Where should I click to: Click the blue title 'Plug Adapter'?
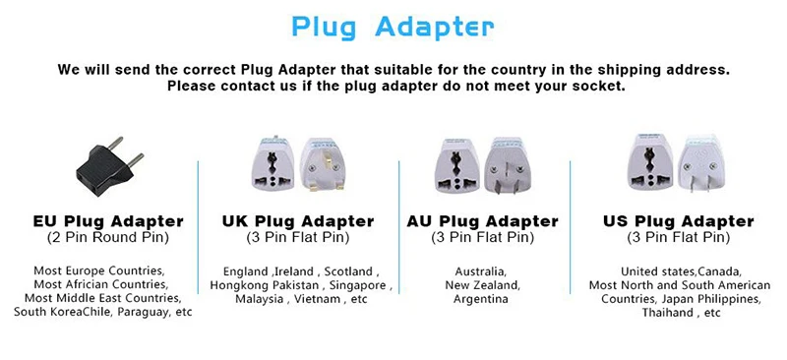tap(393, 28)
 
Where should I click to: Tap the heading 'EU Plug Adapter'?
tap(108, 221)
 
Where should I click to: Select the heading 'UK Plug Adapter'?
tap(298, 221)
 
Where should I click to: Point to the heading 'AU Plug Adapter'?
tap(482, 221)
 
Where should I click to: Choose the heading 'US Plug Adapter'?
tap(679, 221)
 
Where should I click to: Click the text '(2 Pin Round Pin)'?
tap(108, 237)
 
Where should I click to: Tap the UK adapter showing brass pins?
tap(323, 164)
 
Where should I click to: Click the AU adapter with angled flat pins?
tap(507, 165)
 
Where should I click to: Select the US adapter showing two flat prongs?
tap(701, 162)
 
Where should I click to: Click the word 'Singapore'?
tap(358, 285)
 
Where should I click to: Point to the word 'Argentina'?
tap(481, 299)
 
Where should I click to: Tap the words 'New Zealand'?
tap(482, 285)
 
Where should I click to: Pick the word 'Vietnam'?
tap(316, 299)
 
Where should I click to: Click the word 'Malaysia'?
tap(259, 300)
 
